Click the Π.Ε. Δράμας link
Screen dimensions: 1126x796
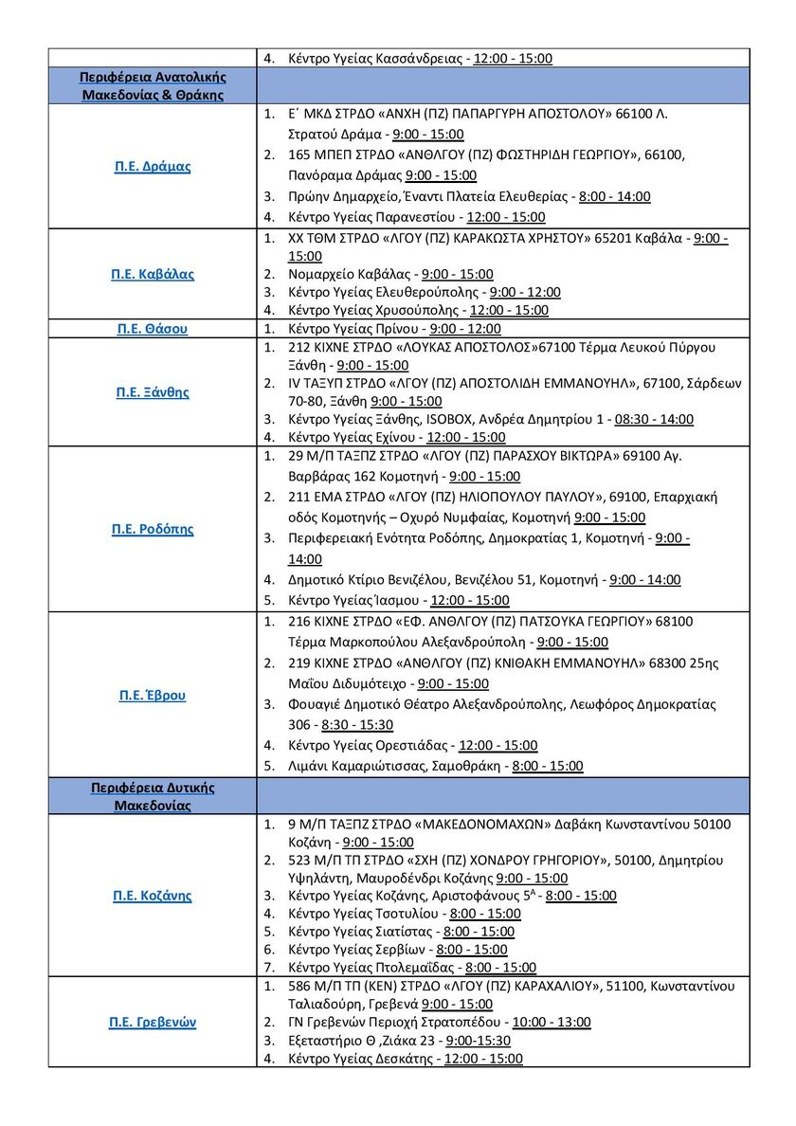153,167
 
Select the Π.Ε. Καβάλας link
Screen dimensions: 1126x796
153,275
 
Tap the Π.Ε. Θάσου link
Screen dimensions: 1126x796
153,329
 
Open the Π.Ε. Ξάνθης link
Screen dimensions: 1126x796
153,392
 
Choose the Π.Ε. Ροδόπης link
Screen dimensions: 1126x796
153,530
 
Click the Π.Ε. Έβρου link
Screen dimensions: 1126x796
153,695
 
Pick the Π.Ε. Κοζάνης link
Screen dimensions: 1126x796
153,896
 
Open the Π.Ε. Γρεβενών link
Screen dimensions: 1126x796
153,1024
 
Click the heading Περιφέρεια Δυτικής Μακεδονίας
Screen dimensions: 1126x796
153,796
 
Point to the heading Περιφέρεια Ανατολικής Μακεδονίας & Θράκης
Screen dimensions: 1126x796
153,85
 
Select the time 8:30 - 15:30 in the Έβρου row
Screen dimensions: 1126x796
358,724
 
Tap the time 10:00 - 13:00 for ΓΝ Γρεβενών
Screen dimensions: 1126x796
551,1023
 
